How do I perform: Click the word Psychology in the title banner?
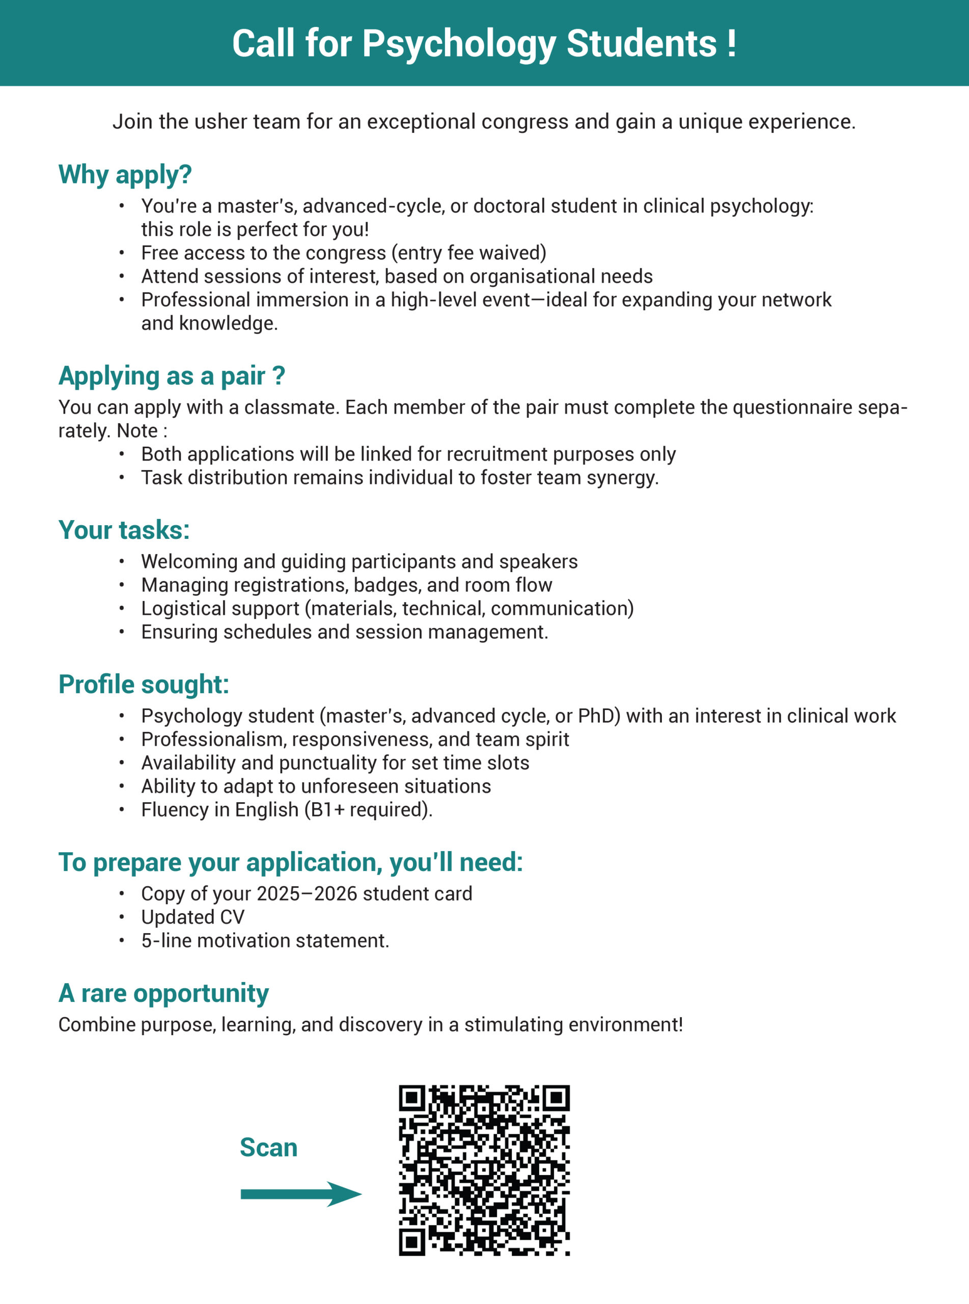(x=458, y=44)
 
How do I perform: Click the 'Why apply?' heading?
(x=125, y=175)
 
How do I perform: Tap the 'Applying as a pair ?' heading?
(x=171, y=376)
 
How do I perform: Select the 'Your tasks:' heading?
(x=124, y=530)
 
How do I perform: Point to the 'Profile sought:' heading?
(x=144, y=685)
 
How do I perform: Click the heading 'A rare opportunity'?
(x=163, y=994)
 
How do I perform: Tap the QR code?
(x=484, y=1170)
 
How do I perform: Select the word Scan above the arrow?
(x=269, y=1148)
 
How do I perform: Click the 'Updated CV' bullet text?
(x=192, y=917)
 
